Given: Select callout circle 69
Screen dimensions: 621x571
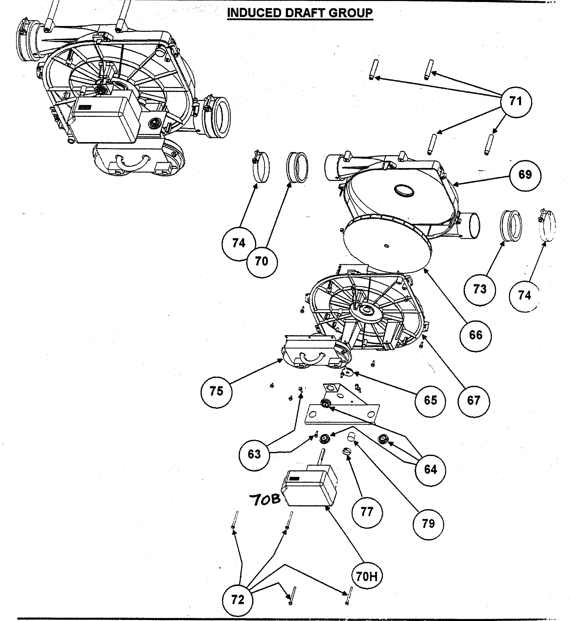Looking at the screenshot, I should [525, 175].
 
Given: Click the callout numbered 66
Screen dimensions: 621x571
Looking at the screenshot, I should [475, 335].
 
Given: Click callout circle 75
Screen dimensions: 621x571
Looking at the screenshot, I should [216, 392].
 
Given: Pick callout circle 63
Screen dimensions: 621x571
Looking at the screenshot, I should [254, 454].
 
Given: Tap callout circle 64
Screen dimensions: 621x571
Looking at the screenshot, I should [431, 470].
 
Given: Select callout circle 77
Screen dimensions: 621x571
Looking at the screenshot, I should [367, 512].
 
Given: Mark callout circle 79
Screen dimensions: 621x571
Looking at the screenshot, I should [428, 524].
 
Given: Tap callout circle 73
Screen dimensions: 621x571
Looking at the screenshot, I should [479, 290].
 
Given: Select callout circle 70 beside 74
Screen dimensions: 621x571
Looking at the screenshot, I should [262, 261].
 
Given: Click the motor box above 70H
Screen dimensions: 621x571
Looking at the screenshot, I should [309, 488].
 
